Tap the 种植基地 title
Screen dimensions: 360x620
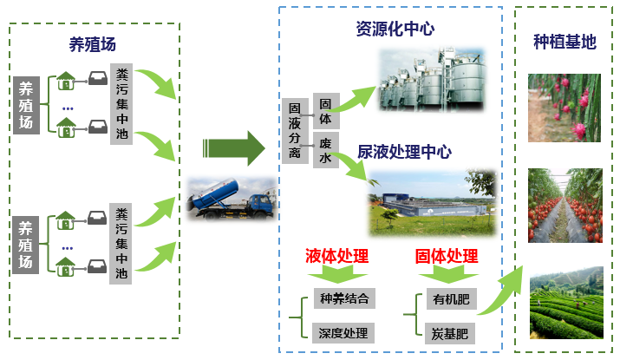[565, 42]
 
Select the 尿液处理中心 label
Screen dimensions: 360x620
[404, 152]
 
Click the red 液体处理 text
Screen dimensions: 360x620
[336, 256]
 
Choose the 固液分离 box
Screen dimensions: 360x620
[295, 130]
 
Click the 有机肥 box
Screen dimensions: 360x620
[450, 300]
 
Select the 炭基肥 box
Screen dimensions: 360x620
[450, 332]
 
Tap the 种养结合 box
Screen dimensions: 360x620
[344, 300]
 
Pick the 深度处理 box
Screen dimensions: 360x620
[344, 332]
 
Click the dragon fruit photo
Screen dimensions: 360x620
[565, 108]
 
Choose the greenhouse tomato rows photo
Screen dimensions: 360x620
[565, 206]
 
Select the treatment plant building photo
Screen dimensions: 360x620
[432, 201]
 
